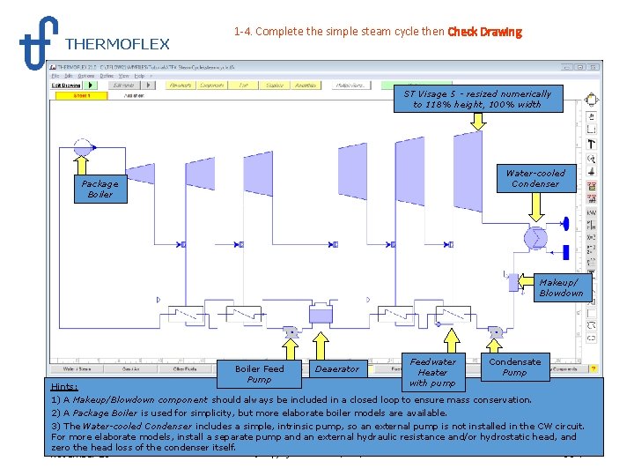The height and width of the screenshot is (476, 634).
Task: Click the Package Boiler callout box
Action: pyautogui.click(x=100, y=189)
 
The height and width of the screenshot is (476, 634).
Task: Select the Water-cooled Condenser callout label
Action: pyautogui.click(x=535, y=178)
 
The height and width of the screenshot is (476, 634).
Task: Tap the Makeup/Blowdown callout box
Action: pyautogui.click(x=561, y=287)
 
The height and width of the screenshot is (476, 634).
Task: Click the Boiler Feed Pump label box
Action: pyautogui.click(x=260, y=374)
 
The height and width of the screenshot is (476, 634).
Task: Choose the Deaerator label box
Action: pyautogui.click(x=337, y=368)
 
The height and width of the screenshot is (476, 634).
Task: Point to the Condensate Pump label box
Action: pyautogui.click(x=514, y=367)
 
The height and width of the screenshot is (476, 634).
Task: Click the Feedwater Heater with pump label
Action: pyautogui.click(x=432, y=371)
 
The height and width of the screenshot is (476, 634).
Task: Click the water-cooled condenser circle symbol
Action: pyautogui.click(x=534, y=238)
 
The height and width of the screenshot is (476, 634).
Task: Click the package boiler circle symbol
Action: pyautogui.click(x=83, y=147)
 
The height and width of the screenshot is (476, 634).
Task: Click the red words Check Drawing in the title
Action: pyautogui.click(x=484, y=33)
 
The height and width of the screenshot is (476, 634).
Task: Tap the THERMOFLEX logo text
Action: pyautogui.click(x=117, y=44)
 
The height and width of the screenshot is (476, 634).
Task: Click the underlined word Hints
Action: pyautogui.click(x=64, y=386)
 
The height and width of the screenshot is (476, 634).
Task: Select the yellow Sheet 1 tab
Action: pyautogui.click(x=81, y=95)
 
